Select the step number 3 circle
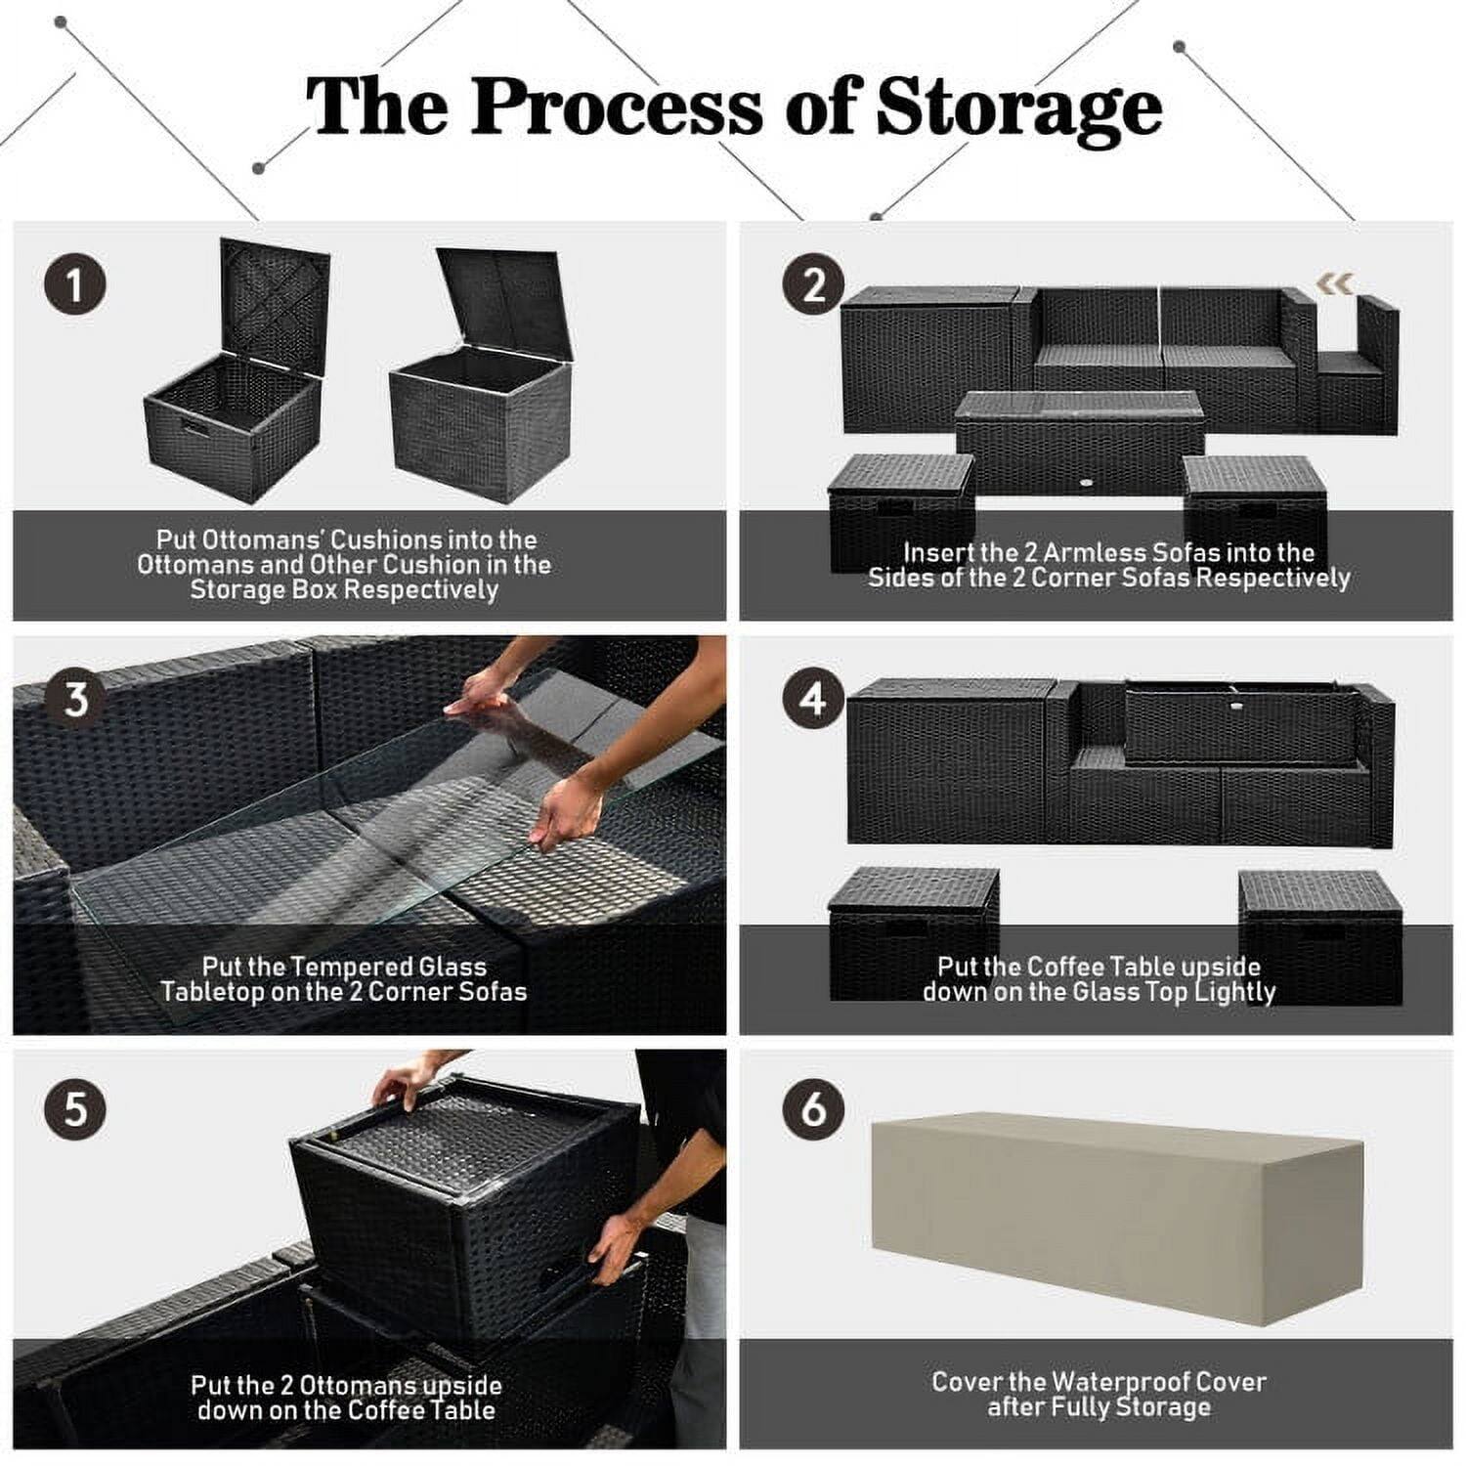[75, 700]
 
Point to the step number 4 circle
[813, 700]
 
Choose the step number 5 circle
[75, 1111]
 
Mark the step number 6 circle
[813, 1111]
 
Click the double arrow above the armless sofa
[1335, 283]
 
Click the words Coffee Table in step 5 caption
[421, 1410]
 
